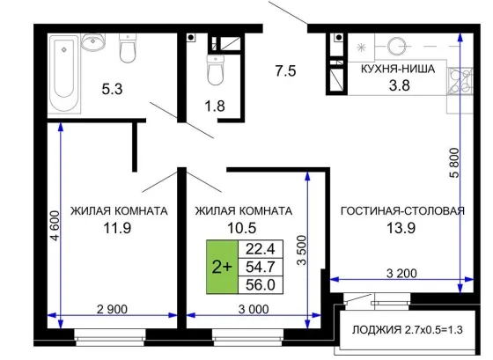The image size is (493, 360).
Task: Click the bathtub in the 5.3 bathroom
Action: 64,73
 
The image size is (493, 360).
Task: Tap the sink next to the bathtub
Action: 93,42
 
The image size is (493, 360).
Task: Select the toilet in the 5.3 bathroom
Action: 128,48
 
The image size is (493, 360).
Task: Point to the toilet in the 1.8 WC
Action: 216,70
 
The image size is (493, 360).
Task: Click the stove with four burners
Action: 460,81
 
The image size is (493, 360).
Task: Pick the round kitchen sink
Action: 396,47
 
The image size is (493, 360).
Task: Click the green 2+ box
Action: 222,267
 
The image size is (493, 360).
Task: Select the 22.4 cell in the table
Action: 261,249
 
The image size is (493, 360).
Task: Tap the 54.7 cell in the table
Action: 261,267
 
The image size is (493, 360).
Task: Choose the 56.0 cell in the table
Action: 261,285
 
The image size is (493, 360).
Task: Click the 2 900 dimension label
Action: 112,309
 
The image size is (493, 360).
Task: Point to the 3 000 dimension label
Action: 254,309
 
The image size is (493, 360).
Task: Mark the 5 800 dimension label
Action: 454,163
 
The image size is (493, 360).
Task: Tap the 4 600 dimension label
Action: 55,225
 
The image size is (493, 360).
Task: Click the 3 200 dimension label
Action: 401,273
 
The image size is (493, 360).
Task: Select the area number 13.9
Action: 401,228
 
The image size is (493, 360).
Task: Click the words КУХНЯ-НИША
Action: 398,69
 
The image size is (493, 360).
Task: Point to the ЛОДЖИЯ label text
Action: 377,330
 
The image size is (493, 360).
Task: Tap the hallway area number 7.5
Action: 286,70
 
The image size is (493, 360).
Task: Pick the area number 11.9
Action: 117,228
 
